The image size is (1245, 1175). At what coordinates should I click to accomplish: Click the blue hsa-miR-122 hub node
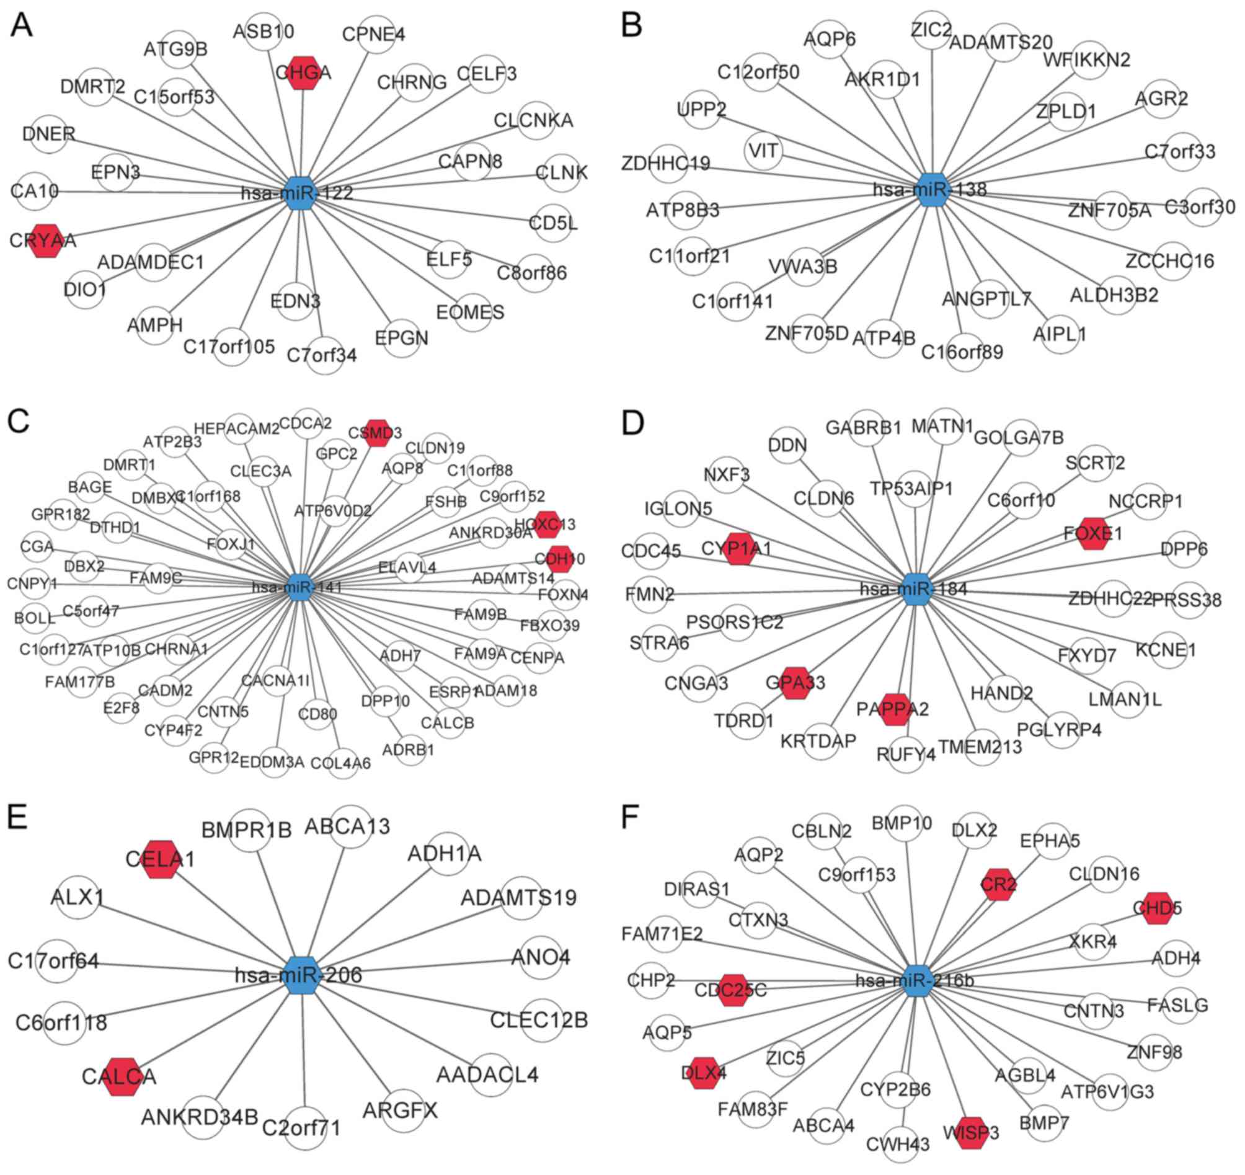(301, 192)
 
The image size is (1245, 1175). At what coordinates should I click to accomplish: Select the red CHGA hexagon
(303, 73)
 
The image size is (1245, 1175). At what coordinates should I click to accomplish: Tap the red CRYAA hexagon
(43, 241)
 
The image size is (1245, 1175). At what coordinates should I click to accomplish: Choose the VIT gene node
(763, 151)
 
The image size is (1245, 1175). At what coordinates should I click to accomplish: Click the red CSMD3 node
(377, 433)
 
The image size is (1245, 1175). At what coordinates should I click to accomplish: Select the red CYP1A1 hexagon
(740, 549)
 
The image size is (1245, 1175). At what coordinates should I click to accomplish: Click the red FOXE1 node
(1094, 534)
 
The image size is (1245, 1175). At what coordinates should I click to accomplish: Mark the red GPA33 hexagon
(795, 683)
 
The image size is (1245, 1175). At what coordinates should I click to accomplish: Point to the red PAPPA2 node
(893, 709)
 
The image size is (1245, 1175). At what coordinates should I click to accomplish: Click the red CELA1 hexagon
(162, 859)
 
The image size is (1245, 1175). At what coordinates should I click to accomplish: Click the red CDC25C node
(731, 990)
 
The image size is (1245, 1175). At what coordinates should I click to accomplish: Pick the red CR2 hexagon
(998, 884)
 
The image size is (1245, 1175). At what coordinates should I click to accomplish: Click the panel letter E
(17, 817)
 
